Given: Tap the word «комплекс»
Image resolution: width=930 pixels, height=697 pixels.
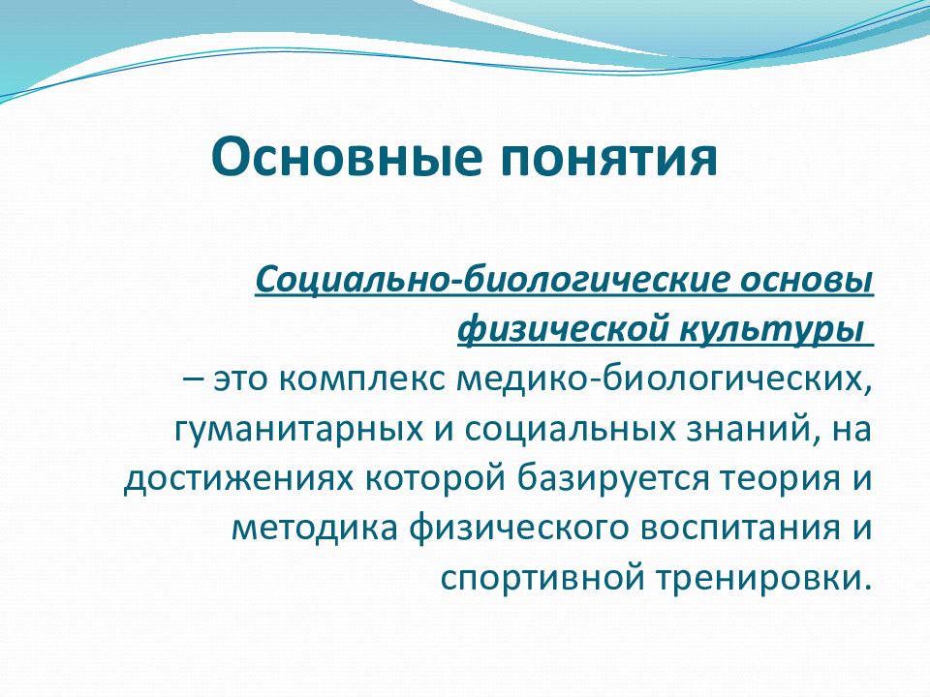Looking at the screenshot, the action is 361,379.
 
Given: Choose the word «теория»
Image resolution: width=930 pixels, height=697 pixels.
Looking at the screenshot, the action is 775,479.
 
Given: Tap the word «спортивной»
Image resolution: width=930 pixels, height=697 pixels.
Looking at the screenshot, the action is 542,579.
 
